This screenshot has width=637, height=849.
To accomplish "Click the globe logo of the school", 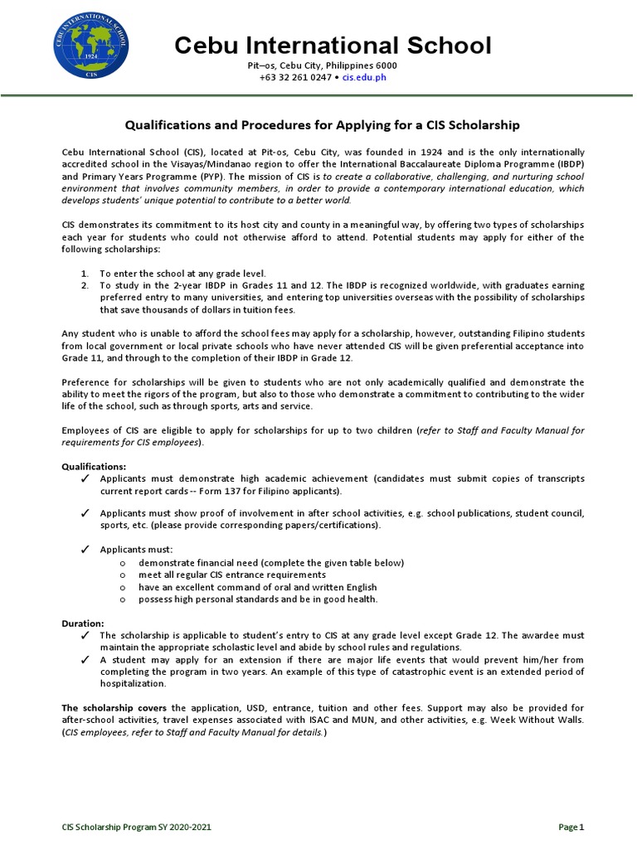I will click(x=91, y=46).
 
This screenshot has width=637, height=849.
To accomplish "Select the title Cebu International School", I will click(x=333, y=46).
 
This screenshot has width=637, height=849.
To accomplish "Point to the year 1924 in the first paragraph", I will click(x=411, y=153).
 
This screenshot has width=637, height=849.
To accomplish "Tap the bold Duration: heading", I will click(x=84, y=623).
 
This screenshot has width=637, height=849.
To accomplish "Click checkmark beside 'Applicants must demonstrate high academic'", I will click(x=85, y=479).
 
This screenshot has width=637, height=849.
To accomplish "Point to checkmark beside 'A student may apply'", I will click(x=85, y=660).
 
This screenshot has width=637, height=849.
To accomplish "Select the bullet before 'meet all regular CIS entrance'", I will click(x=122, y=575).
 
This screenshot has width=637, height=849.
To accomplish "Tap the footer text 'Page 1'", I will click(x=571, y=827).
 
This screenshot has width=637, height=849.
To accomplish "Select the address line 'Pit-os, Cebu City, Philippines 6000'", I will click(x=323, y=65).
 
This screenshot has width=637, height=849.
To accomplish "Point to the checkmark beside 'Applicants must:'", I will click(x=85, y=550).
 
